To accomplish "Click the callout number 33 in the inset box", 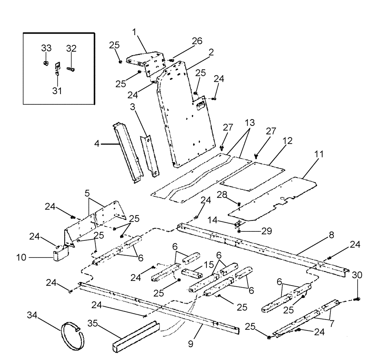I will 46,48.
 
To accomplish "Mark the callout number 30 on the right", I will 357,275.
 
